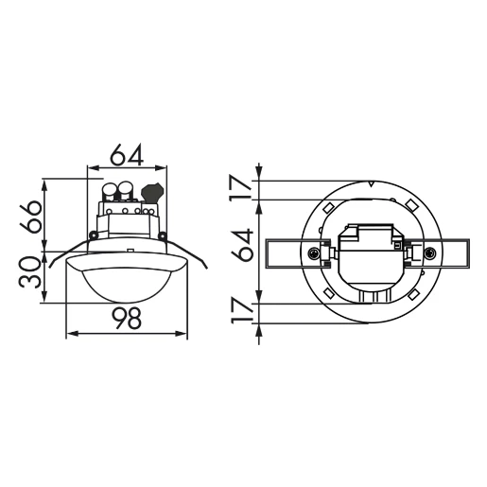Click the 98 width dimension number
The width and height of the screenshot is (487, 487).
click(126, 320)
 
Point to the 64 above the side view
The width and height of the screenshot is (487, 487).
click(126, 154)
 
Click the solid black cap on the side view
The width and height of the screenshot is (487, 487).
click(151, 192)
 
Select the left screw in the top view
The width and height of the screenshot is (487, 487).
click(312, 252)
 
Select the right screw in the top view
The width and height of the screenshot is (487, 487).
click(430, 252)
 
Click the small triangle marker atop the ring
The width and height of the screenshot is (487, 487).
click(372, 183)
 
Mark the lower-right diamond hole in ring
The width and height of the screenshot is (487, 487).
click(414, 296)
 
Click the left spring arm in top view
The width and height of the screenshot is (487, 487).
click(287, 252)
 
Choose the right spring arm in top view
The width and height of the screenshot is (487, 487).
click(452, 252)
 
